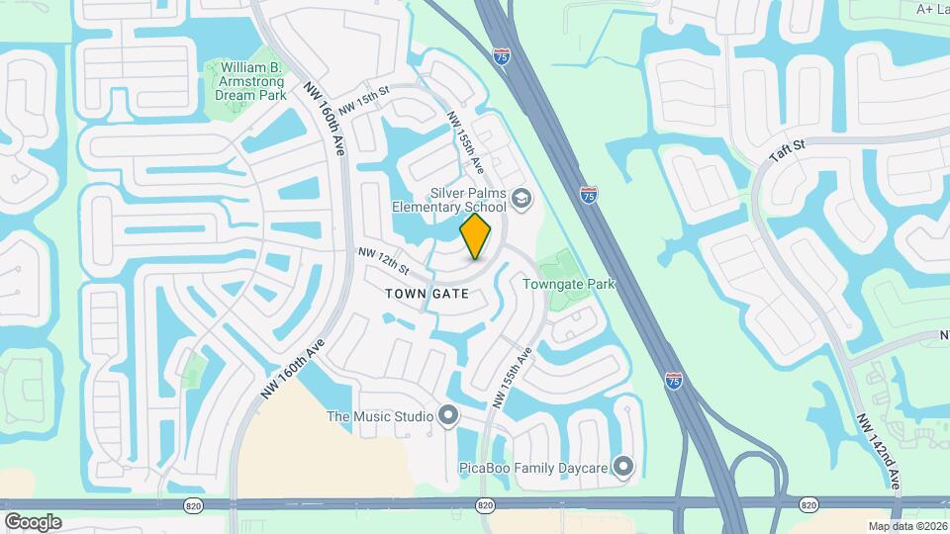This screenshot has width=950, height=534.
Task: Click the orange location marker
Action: (x=475, y=236)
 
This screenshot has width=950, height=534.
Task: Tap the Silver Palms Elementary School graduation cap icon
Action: (x=521, y=200)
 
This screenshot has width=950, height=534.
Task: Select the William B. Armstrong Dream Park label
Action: (x=250, y=81)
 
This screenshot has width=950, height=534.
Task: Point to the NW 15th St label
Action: (x=365, y=103)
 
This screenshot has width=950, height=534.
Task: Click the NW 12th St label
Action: (x=383, y=263)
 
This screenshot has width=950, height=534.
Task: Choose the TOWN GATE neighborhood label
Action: (x=427, y=294)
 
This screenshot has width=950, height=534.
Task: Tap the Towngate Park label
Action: (x=569, y=285)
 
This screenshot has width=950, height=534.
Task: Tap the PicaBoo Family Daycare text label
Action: (x=531, y=466)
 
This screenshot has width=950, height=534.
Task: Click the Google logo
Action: (x=33, y=521)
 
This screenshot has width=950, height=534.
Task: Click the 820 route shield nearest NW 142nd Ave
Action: (x=808, y=505)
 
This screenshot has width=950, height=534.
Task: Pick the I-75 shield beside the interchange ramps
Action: (x=674, y=380)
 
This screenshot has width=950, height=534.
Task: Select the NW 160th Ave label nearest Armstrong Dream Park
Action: (x=324, y=117)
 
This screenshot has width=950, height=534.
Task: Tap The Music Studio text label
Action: (x=380, y=416)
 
